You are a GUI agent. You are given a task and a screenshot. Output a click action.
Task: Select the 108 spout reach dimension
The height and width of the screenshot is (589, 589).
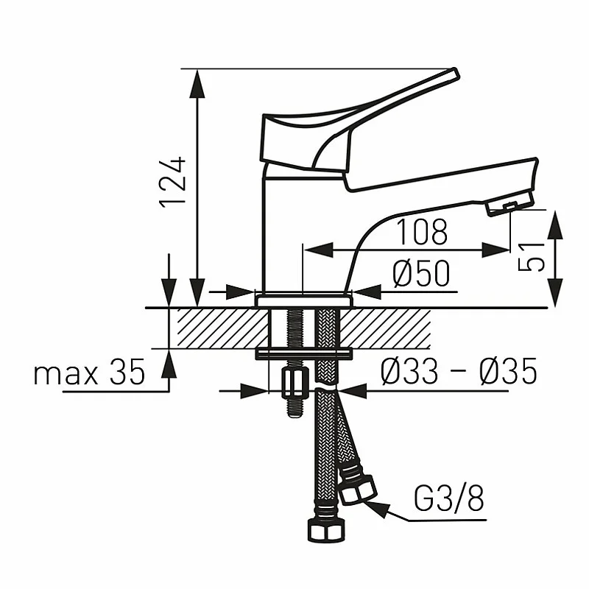(x=422, y=232)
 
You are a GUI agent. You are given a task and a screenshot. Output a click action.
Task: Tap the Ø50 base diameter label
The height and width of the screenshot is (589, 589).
(x=420, y=275)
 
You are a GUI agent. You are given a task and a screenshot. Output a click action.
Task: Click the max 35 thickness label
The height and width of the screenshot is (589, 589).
(x=89, y=373)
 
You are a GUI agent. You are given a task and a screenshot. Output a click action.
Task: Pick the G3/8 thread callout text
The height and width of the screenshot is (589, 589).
(x=449, y=500)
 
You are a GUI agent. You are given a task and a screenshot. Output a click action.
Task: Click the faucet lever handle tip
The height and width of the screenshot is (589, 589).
(x=451, y=75)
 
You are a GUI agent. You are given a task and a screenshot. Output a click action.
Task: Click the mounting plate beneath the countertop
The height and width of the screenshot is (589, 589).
(x=303, y=355)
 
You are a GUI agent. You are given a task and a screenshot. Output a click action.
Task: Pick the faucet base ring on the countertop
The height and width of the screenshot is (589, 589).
(x=303, y=300)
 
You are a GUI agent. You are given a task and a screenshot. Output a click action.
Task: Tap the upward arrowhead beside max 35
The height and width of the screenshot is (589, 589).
(x=169, y=361)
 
